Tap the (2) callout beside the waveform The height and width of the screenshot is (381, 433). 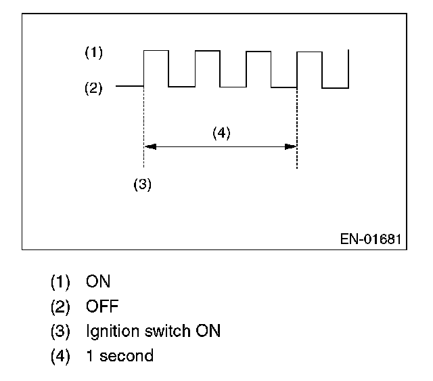pyautogui.click(x=93, y=88)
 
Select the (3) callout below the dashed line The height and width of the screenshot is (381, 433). pyautogui.click(x=142, y=185)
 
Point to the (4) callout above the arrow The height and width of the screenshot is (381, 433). pyautogui.click(x=221, y=133)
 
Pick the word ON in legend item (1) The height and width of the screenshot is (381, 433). pyautogui.click(x=98, y=281)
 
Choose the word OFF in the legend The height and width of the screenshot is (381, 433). pyautogui.click(x=102, y=306)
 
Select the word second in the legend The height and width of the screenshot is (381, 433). pyautogui.click(x=127, y=355)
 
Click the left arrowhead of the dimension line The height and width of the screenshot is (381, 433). pyautogui.click(x=150, y=146)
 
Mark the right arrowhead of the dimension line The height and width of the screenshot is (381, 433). pyautogui.click(x=292, y=146)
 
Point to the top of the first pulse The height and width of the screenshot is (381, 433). pyautogui.click(x=156, y=50)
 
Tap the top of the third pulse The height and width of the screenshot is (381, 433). pyautogui.click(x=258, y=50)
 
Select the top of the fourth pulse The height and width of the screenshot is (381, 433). pyautogui.click(x=310, y=51)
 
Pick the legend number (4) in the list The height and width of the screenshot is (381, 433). pyautogui.click(x=60, y=355)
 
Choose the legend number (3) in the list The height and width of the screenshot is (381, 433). pyautogui.click(x=60, y=331)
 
